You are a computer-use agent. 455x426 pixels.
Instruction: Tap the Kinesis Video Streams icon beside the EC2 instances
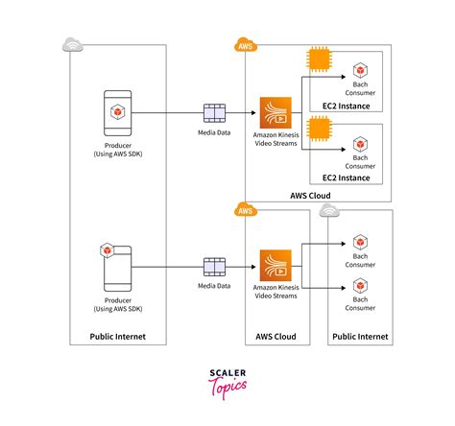[276, 111]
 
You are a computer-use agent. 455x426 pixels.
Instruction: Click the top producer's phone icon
[116, 112]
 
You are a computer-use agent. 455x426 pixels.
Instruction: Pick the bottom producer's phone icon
[116, 266]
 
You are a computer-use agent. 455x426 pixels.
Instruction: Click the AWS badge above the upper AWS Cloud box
[246, 44]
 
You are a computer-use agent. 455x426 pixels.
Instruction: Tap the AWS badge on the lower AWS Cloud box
[246, 210]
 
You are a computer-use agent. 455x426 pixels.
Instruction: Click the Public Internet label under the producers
[118, 337]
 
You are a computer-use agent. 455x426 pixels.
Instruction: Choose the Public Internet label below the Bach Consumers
[360, 337]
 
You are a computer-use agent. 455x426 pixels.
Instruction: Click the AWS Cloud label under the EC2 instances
[310, 196]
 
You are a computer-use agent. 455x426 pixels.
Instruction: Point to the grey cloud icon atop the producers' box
[71, 44]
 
